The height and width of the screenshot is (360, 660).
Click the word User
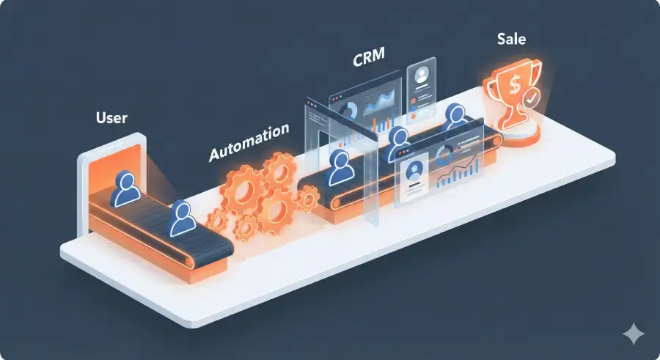point(112,117)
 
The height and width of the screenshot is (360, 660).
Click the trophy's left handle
point(492,91)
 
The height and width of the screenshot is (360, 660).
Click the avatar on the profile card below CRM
point(421,76)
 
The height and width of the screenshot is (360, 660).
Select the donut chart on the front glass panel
point(444,155)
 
